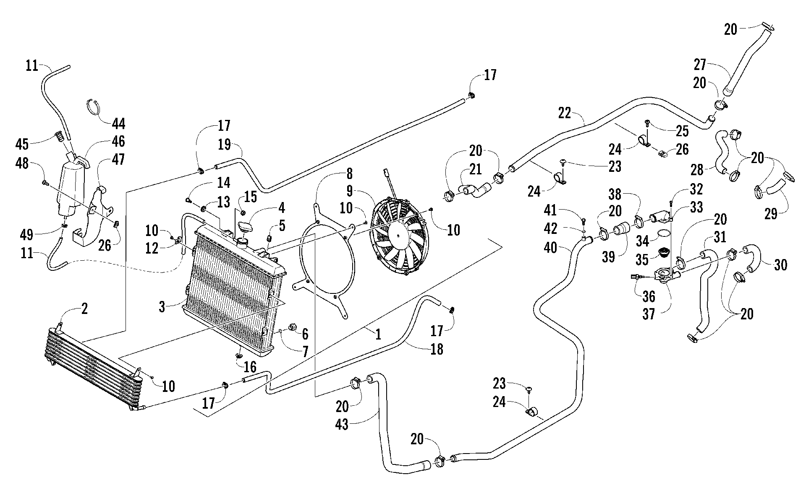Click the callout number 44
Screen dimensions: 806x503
[x=118, y=124]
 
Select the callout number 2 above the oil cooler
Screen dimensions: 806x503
[x=84, y=309]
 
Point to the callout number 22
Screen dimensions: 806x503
[x=565, y=113]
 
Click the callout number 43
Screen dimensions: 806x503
[x=342, y=425]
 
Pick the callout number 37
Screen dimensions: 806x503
[x=649, y=314]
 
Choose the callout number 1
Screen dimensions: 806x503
[x=378, y=334]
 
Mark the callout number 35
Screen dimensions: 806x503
[x=642, y=260]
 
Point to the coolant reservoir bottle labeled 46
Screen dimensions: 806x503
[x=73, y=184]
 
